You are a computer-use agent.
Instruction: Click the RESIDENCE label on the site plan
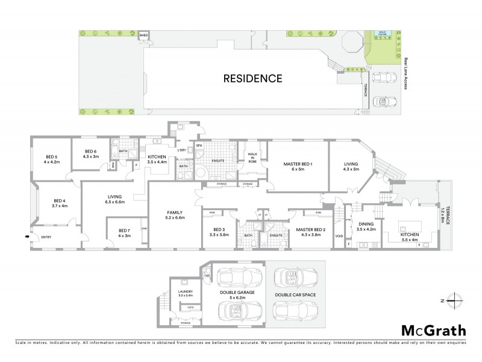[x=253, y=78]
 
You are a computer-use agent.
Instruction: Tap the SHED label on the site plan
[x=143, y=36]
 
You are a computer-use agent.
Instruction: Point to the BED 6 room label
[x=90, y=154]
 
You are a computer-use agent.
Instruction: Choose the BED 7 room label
[x=124, y=233]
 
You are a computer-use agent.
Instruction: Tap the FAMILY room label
[x=175, y=215]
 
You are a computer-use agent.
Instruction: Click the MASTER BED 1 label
[x=298, y=166]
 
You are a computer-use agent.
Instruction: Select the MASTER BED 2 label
[x=311, y=231]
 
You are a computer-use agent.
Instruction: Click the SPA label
[x=199, y=145]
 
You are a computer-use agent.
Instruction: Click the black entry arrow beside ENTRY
[x=26, y=237]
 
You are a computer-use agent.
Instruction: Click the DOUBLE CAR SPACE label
[x=295, y=295]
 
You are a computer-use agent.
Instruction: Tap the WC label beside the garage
[x=207, y=277]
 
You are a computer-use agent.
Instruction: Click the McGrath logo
[x=433, y=330]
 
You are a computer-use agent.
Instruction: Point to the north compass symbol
[x=457, y=299]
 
